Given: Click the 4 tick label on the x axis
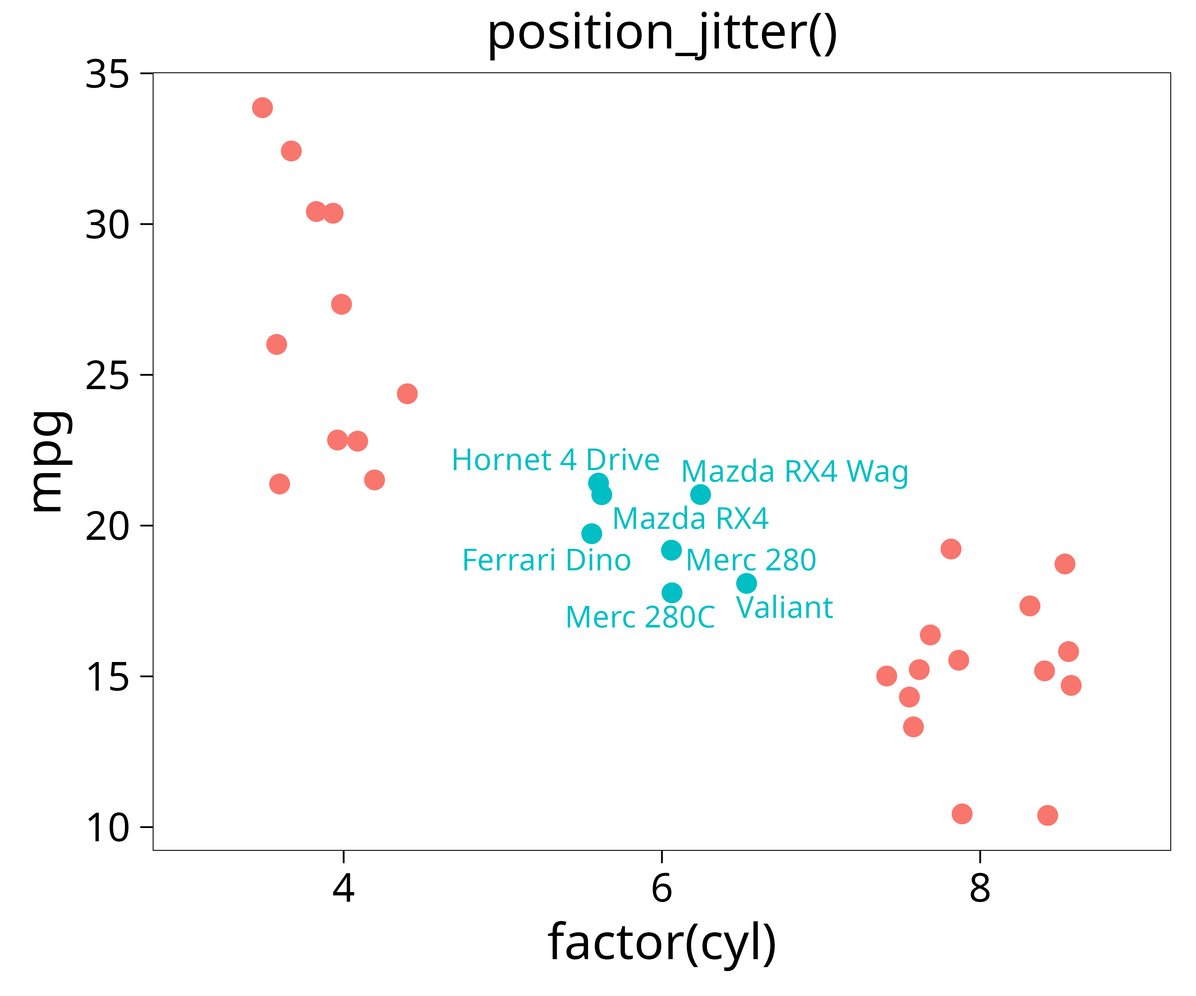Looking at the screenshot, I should tap(344, 888).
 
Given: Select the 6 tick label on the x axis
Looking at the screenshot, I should tap(662, 888).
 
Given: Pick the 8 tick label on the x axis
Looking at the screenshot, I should tap(980, 888).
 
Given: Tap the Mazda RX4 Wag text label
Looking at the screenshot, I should tap(794, 472).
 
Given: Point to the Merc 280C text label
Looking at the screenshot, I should tap(640, 618).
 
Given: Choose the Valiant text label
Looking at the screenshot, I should tap(784, 608).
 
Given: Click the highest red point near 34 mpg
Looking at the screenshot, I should tap(262, 108).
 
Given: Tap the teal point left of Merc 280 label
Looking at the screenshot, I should tap(671, 550).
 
